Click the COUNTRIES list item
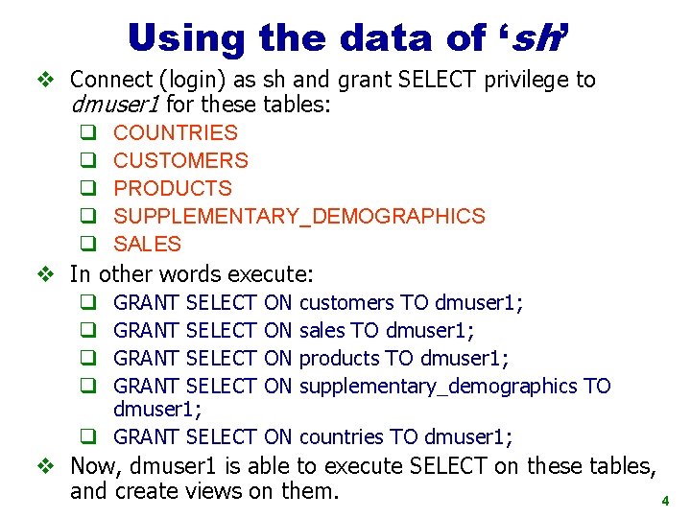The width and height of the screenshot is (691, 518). click(176, 133)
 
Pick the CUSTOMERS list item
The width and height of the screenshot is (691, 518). click(180, 161)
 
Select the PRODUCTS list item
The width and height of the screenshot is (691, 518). click(173, 189)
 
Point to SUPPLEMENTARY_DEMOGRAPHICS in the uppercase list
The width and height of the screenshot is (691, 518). click(299, 217)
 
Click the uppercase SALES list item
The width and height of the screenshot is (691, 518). click(147, 245)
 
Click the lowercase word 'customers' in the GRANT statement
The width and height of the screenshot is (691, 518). click(346, 303)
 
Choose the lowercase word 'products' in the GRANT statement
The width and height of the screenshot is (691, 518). click(338, 359)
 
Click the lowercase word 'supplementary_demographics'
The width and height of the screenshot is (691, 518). click(438, 387)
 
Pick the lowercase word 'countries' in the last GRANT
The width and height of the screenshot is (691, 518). click(341, 437)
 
